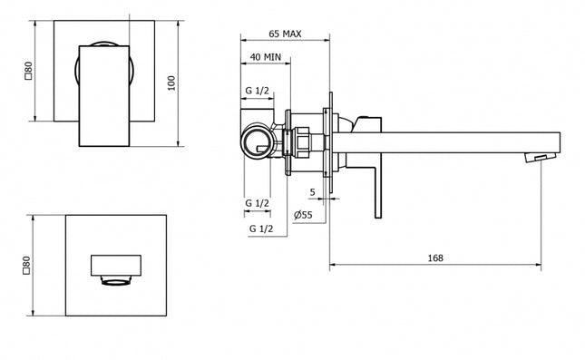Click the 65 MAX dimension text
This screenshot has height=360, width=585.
coord(285,34)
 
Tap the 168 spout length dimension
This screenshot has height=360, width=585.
coord(434,258)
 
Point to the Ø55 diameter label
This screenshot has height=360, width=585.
coord(305,215)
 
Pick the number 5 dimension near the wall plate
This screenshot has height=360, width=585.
coord(311,191)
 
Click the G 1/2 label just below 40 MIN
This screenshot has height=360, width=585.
coord(257,92)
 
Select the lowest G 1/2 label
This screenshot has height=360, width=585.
coord(261,229)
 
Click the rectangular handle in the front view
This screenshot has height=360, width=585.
coord(109,91)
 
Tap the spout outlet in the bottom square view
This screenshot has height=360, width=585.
coord(116,272)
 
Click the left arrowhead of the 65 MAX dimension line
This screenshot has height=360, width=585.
coord(242,41)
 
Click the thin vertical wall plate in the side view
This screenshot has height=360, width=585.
coord(332,141)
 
